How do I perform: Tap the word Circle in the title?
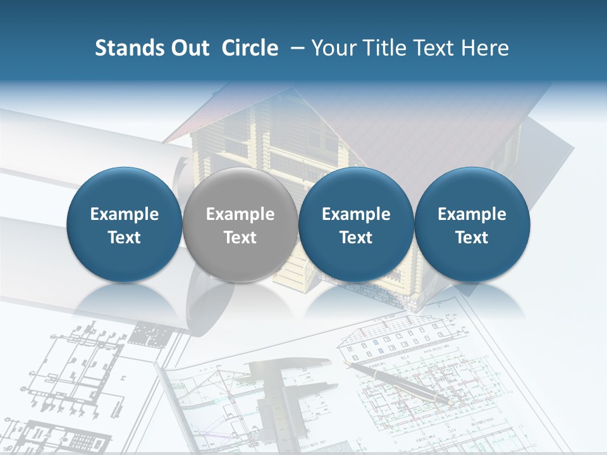pyautogui.click(x=250, y=48)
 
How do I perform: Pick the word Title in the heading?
pyautogui.click(x=386, y=48)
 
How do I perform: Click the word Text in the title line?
pyautogui.click(x=434, y=48)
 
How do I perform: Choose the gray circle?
pyautogui.click(x=240, y=225)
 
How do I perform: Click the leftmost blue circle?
pyautogui.click(x=124, y=225)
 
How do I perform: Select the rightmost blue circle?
pyautogui.click(x=472, y=225)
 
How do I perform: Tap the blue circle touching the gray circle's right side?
pyautogui.click(x=356, y=225)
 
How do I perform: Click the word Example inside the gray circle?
pyautogui.click(x=240, y=214)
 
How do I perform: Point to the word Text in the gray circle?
pyautogui.click(x=240, y=238)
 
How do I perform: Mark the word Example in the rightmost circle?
pyautogui.click(x=472, y=214)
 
